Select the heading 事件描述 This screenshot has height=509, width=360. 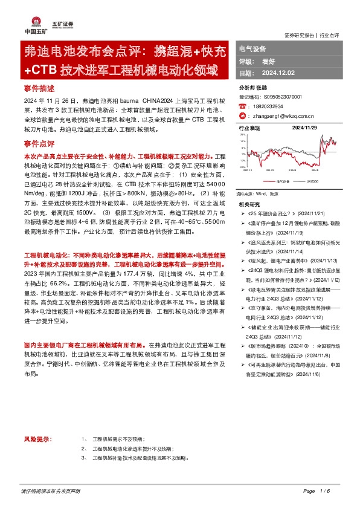pos(36,88)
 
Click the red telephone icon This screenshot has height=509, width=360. pos(242,105)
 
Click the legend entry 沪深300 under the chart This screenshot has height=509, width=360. pos(312,180)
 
